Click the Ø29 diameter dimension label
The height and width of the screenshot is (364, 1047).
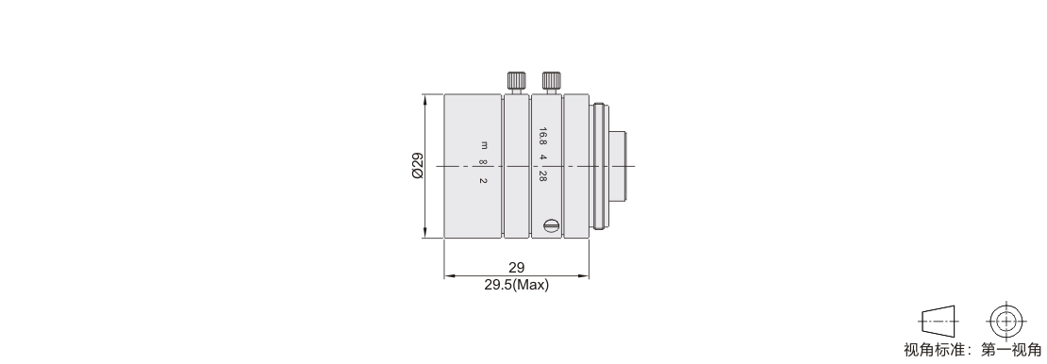(x=417, y=166)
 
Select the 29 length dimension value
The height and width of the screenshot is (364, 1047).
(x=517, y=268)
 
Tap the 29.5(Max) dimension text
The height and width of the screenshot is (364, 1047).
(x=517, y=285)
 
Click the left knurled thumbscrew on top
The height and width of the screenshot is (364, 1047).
(x=516, y=82)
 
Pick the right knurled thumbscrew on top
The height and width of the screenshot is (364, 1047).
(x=551, y=82)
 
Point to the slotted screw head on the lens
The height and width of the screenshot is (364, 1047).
(x=551, y=225)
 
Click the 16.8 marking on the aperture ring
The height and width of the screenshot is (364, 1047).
(x=543, y=136)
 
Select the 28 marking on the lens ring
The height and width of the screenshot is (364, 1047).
(x=543, y=177)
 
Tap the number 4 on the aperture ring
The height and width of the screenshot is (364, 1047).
(x=543, y=157)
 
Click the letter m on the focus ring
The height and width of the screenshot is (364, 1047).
(x=484, y=145)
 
